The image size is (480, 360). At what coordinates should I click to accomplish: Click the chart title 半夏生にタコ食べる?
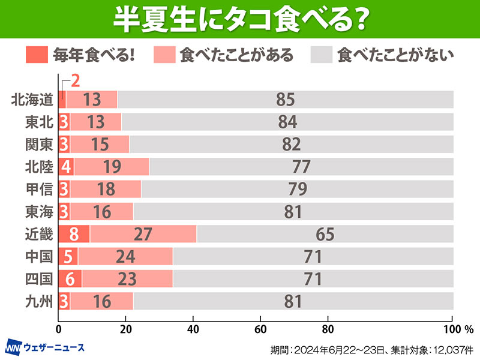[x=240, y=20]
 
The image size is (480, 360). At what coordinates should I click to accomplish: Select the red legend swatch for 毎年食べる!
[x=37, y=55]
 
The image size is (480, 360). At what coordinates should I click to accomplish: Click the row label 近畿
[x=40, y=235]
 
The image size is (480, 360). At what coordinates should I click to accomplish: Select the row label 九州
[x=40, y=301]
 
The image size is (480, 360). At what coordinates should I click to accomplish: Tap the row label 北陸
[x=40, y=167]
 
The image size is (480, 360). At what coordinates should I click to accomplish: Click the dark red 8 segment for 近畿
[x=73, y=235]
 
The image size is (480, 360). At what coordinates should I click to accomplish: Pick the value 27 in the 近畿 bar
[x=143, y=235]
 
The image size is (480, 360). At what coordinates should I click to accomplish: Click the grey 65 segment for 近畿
[x=325, y=235]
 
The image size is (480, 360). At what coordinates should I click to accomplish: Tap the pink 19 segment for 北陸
[x=112, y=167]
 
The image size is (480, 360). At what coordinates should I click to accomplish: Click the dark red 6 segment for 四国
[x=70, y=279]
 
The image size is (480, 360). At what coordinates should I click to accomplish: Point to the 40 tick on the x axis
[x=193, y=329]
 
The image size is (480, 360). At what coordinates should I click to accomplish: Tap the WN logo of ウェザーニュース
[x=14, y=347]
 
